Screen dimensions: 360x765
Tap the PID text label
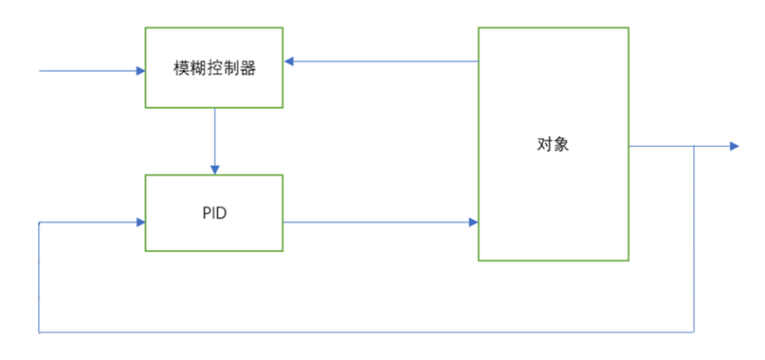coord(214,213)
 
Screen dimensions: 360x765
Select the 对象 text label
coord(553,144)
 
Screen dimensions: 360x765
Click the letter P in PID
coord(205,213)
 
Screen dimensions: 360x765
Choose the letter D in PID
coord(222,213)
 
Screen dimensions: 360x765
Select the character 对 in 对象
coord(544,144)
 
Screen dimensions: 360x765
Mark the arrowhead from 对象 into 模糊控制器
coord(289,61)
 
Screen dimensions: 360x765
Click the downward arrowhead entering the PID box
coord(214,169)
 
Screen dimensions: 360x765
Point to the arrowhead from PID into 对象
coord(473,223)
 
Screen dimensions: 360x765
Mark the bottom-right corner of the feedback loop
coord(695,332)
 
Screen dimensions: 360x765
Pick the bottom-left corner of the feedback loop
coord(40,332)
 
